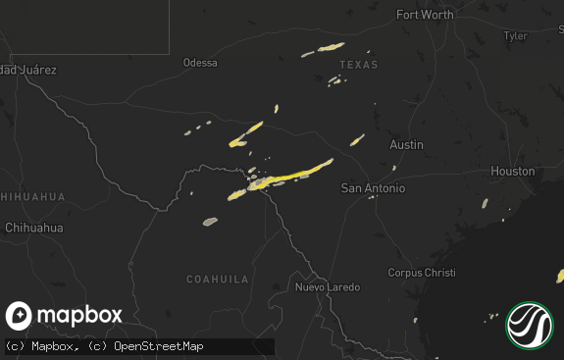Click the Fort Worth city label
point(425,15)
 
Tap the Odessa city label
point(200,63)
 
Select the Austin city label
point(406,144)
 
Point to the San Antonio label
point(373,187)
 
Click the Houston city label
point(513,171)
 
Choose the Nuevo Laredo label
point(328,287)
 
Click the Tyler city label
point(514,35)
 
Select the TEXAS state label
point(358,65)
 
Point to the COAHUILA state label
point(218,280)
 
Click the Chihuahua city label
point(33,228)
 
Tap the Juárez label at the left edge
point(27,70)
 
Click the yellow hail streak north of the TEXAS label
point(323,48)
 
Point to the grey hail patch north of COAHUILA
point(210,221)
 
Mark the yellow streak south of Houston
point(485,204)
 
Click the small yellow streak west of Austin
point(357,139)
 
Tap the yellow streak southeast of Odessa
point(246,134)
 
